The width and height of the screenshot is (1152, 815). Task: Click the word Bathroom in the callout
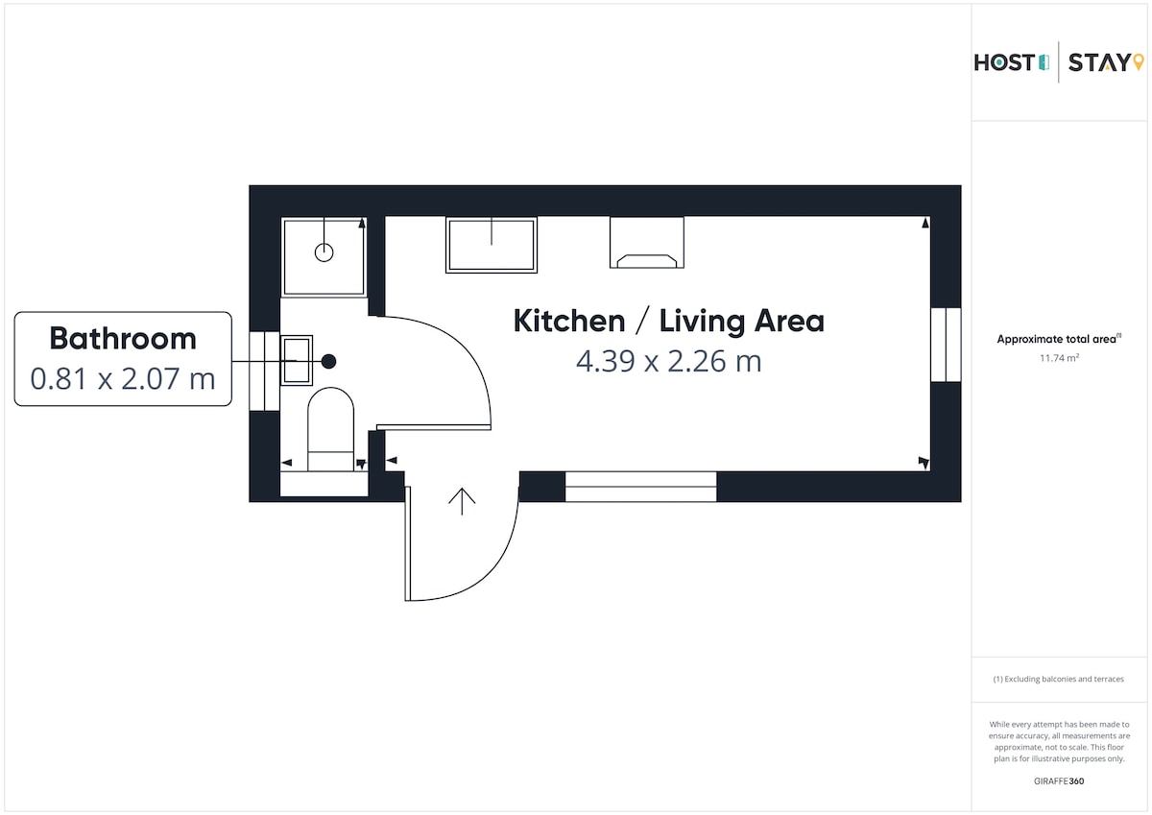coord(123,338)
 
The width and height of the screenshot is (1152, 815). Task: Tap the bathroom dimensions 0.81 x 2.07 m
coord(123,378)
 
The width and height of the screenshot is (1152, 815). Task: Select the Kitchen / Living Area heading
coord(668,322)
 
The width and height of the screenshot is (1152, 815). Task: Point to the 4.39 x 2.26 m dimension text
coord(668,361)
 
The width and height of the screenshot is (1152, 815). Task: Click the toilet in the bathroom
coord(330,429)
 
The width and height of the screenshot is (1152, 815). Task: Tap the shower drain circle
coord(324,252)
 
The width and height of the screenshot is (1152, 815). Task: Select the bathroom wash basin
coord(297,360)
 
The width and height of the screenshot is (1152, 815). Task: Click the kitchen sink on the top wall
coord(492,245)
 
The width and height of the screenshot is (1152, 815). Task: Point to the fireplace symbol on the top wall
coord(647,243)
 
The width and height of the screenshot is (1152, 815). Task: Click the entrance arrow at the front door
coord(462,501)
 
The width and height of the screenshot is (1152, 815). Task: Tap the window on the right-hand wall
coord(946,345)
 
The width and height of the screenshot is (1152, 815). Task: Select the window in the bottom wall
coord(641,487)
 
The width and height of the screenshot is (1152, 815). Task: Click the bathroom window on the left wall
coord(264,371)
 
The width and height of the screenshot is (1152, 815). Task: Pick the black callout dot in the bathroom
coord(329,362)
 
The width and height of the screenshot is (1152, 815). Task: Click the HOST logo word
coord(1005,62)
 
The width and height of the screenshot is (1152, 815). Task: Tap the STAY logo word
coord(1100,62)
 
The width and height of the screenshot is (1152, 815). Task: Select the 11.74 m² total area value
coord(1060,358)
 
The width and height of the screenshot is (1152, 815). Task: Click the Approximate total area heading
coord(1060,339)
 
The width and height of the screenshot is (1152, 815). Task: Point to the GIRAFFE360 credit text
coord(1059,781)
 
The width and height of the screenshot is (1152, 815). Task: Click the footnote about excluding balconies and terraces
coord(1058,679)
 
